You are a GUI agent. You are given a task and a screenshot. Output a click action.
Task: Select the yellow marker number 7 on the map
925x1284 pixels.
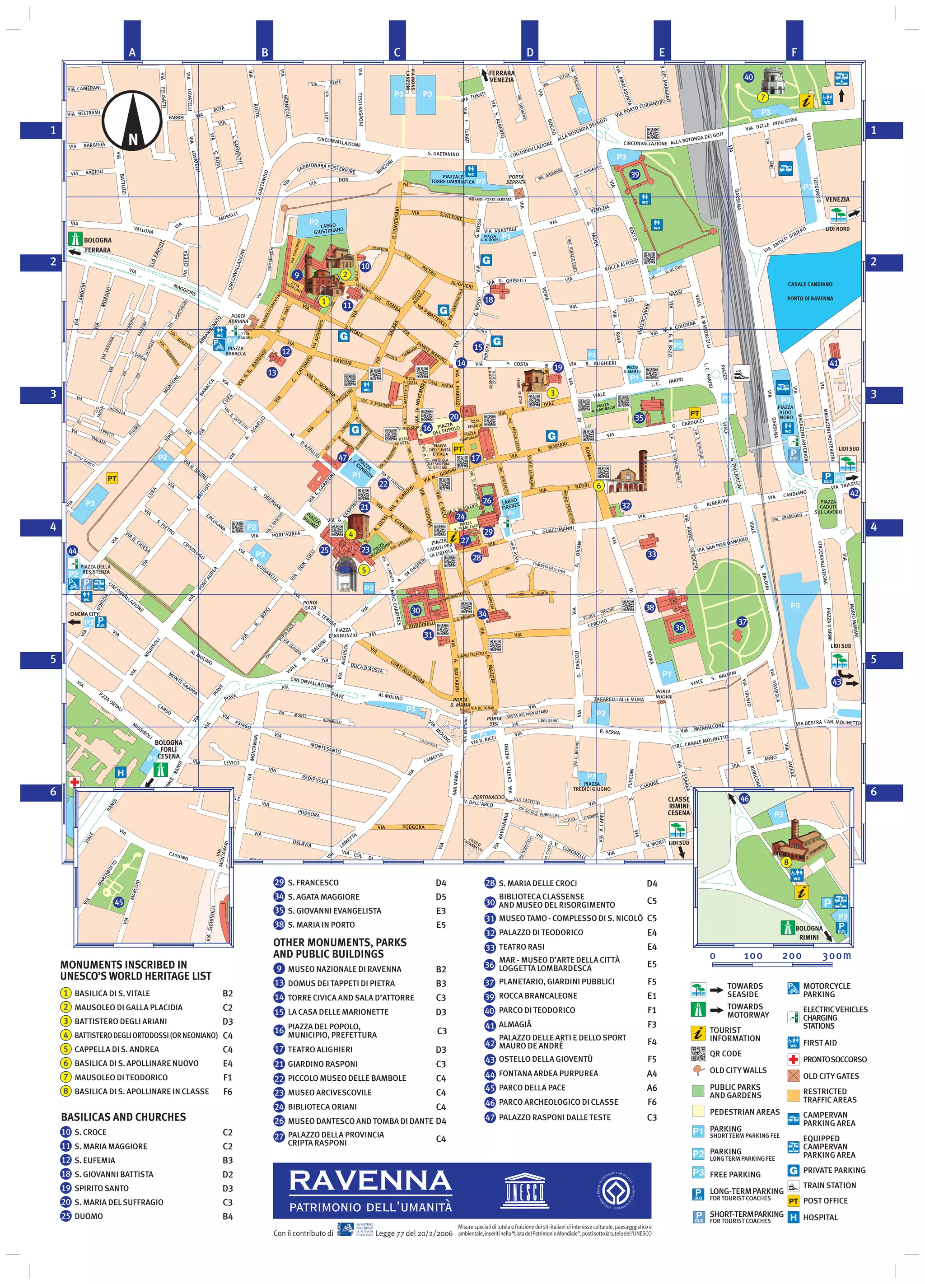click(x=762, y=98)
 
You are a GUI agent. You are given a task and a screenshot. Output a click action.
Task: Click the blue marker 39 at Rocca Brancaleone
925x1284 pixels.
click(x=635, y=174)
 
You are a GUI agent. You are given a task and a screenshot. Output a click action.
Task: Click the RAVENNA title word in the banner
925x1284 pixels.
click(x=370, y=1181)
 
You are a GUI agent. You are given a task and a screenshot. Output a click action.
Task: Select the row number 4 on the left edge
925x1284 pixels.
click(x=53, y=527)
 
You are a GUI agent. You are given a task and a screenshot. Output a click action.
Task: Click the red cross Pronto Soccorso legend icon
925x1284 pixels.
click(x=793, y=1059)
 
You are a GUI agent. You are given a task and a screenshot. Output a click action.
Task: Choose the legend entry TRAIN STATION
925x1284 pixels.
click(x=829, y=1185)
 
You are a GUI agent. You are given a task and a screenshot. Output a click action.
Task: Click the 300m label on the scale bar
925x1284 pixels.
click(x=836, y=956)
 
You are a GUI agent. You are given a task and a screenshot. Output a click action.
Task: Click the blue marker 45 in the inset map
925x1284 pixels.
click(x=118, y=902)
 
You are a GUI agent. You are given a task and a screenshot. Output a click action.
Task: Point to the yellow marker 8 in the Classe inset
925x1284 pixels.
click(x=786, y=862)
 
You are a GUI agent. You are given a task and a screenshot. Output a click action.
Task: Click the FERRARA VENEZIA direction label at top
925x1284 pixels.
click(x=501, y=76)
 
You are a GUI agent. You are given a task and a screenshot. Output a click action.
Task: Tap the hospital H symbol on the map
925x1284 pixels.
click(x=120, y=772)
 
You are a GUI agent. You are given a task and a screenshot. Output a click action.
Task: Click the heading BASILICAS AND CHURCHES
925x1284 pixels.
click(x=123, y=1117)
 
